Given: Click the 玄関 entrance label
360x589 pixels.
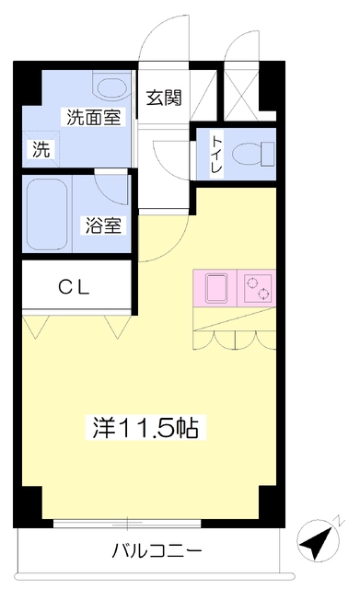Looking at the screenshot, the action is (x=164, y=98).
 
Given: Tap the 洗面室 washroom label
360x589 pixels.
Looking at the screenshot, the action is (x=94, y=117).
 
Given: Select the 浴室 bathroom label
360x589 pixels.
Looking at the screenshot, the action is (x=103, y=225).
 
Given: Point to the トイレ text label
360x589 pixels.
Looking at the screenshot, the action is (x=216, y=155).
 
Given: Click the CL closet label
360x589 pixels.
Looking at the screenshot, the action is (x=74, y=288).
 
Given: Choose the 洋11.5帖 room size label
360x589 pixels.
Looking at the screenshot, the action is (x=145, y=427).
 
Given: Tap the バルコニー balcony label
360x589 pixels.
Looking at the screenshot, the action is (x=157, y=551).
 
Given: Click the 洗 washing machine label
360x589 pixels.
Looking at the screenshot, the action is (x=41, y=149).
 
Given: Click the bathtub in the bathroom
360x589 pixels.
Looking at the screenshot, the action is (x=48, y=215).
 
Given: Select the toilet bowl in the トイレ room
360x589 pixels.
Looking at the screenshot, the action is (x=253, y=155).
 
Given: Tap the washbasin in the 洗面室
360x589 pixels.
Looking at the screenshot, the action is (x=111, y=87).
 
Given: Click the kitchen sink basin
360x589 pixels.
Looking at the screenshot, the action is (x=215, y=288).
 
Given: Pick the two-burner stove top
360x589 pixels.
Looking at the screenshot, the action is (x=258, y=288).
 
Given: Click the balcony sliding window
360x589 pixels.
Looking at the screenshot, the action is (x=127, y=523).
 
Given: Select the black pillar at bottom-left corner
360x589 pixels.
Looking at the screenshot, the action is (x=28, y=507).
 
